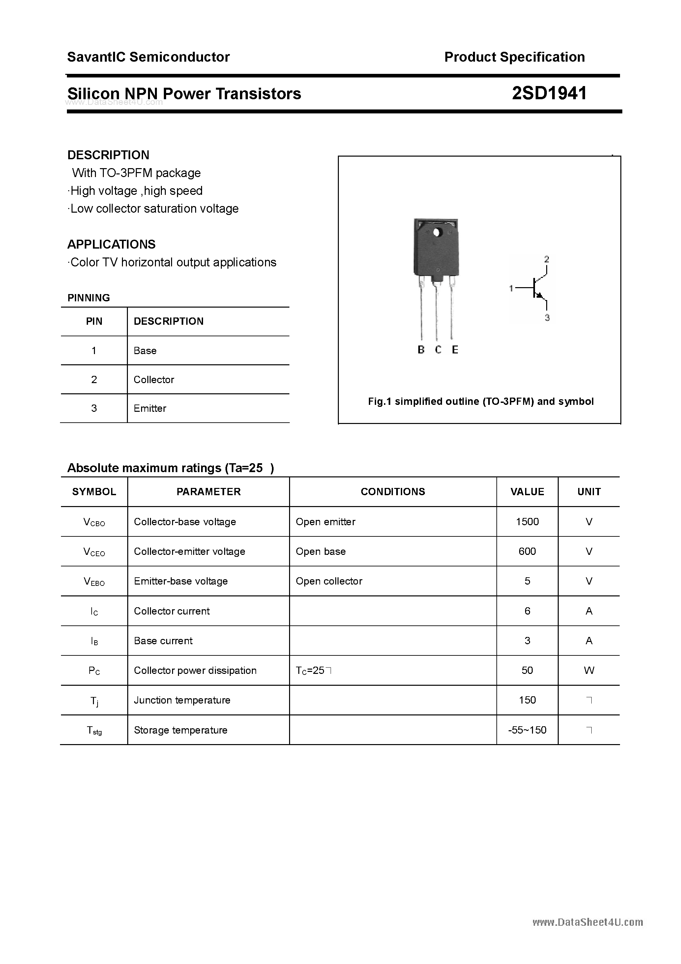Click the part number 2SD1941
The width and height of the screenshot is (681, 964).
coord(549,93)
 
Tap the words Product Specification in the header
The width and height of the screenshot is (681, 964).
coord(514,57)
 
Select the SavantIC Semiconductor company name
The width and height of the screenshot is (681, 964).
coord(148,57)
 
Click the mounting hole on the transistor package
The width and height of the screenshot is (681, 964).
coord(437,232)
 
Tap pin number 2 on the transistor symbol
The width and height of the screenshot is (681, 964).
coord(547,259)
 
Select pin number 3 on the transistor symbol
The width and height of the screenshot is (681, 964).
coord(547,318)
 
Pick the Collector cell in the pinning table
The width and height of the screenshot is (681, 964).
coord(154,379)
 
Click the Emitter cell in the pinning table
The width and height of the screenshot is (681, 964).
coord(150,408)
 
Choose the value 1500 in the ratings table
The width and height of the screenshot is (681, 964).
coord(527,522)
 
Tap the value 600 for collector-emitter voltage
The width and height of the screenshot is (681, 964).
coord(527,551)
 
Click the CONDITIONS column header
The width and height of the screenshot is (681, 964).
coord(393,492)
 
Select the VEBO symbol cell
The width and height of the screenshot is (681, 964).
coord(94,582)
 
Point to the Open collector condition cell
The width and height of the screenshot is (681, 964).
coord(329,581)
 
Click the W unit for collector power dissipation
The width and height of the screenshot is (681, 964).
coord(589,671)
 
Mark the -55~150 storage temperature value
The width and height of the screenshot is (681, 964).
coord(527,730)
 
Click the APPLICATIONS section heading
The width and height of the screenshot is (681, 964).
coord(111,244)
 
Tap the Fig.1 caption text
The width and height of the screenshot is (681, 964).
coord(481,401)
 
